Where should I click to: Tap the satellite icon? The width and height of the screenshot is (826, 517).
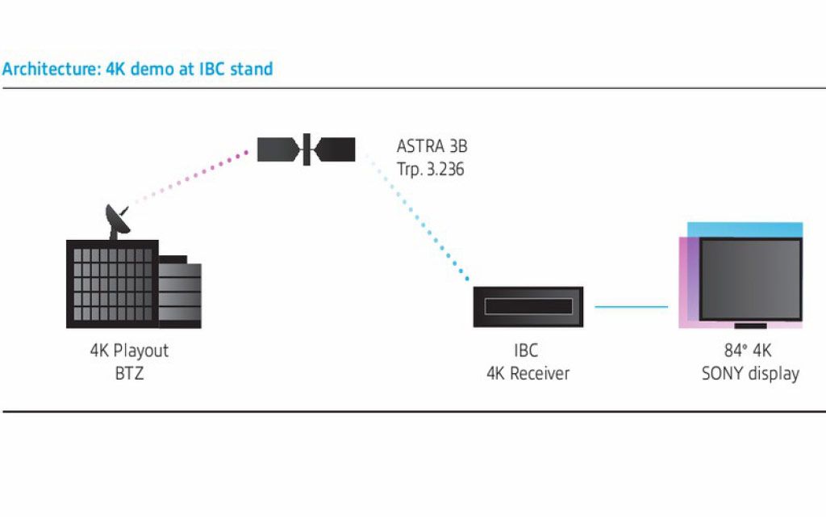tap(306, 149)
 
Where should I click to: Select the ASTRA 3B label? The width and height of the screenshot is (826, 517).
tap(432, 147)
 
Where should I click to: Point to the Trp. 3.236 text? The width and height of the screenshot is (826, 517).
tap(430, 170)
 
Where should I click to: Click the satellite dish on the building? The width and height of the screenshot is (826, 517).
tap(118, 221)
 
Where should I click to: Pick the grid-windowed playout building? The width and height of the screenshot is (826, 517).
tap(111, 284)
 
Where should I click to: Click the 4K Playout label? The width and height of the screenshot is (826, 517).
tap(129, 351)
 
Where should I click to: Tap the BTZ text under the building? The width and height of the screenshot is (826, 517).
tap(129, 373)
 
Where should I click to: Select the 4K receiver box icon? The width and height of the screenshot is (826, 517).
tap(528, 307)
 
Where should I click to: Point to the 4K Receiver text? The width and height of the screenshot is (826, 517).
tap(528, 373)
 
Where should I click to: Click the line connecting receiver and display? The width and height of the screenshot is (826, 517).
tap(631, 307)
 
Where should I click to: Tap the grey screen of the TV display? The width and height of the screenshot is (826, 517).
tap(749, 279)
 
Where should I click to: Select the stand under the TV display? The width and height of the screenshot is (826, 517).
tap(750, 326)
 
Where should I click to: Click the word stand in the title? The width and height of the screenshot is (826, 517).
tap(252, 69)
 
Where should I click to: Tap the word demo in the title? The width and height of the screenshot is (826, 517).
tap(150, 69)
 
